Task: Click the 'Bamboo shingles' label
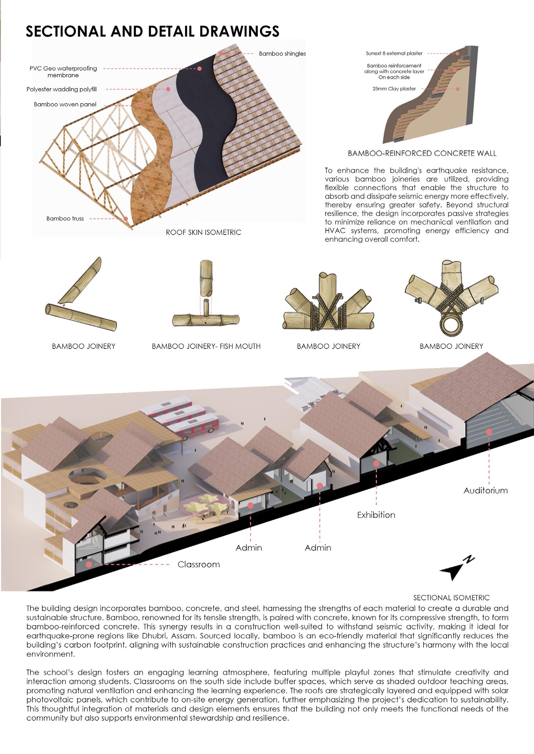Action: [282, 54]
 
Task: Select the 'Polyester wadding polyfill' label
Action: [62, 89]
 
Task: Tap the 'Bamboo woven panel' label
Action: [65, 105]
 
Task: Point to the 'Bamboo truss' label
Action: [65, 218]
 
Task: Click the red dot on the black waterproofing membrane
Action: [199, 68]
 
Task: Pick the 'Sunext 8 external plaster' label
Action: [394, 53]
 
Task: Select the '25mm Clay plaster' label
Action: [394, 88]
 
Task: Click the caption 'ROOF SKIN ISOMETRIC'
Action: [203, 232]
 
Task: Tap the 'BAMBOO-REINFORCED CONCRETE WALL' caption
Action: [422, 154]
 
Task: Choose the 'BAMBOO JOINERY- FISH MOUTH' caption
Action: [206, 346]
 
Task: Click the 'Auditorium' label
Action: [485, 490]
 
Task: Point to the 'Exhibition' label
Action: [376, 515]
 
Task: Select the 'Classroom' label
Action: [198, 565]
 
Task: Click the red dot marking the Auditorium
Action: [489, 432]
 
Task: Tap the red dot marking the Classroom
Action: [88, 564]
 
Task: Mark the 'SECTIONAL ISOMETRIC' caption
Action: [451, 598]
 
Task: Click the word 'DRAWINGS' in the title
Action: [239, 32]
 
